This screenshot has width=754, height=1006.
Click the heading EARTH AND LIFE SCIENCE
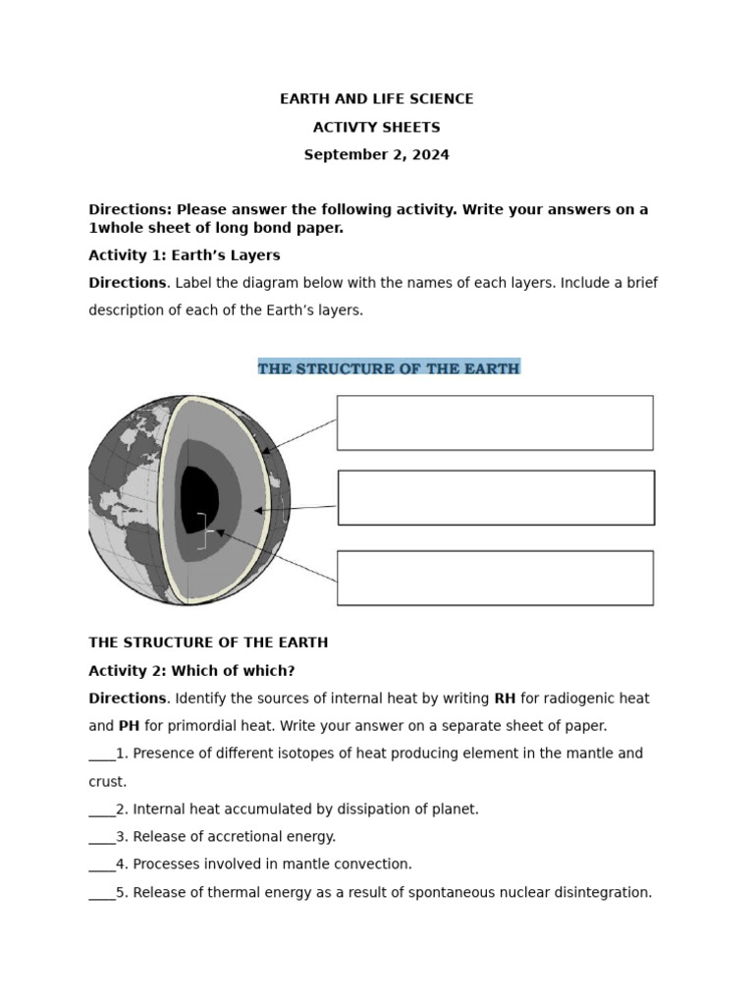tap(376, 99)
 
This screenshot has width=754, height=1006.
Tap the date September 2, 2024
tap(376, 155)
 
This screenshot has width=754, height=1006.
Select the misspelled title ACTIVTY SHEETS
tap(376, 128)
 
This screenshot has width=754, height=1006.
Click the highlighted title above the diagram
tap(389, 368)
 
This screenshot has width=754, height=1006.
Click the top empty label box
tap(495, 422)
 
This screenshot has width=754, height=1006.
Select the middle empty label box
tap(496, 497)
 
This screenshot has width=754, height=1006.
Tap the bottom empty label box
tap(495, 578)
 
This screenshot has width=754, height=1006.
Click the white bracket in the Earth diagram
tap(202, 531)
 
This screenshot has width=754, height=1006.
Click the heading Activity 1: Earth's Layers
tap(185, 255)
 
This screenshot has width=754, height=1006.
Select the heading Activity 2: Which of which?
tap(191, 671)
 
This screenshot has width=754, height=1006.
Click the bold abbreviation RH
tap(505, 699)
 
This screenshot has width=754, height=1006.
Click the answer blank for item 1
tap(101, 754)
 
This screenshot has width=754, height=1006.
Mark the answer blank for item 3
tap(101, 837)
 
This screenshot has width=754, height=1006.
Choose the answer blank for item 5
tap(101, 893)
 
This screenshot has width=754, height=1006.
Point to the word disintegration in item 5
tap(602, 893)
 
